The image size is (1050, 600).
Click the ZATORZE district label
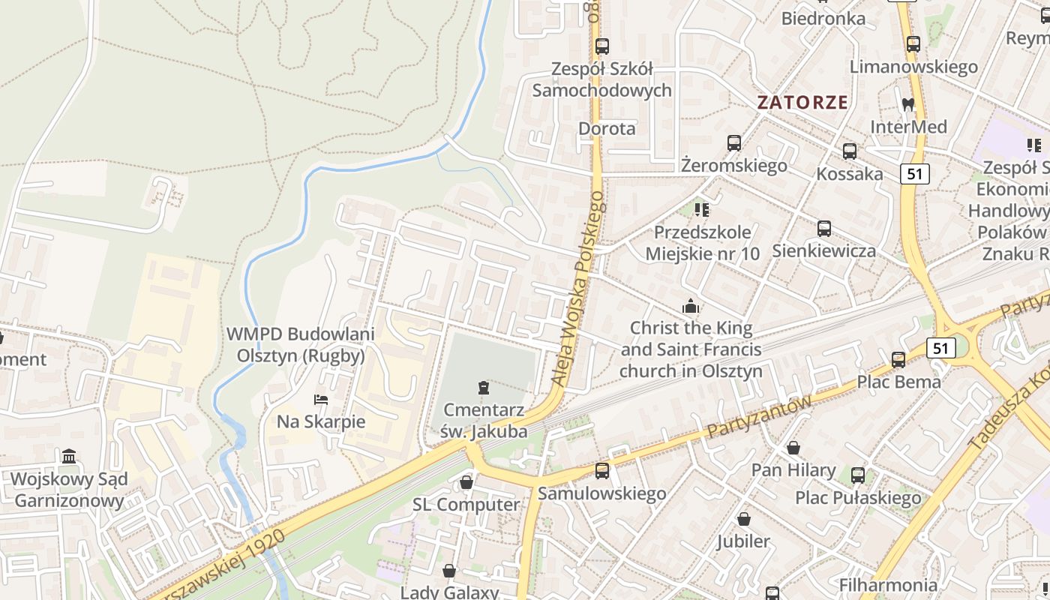802,102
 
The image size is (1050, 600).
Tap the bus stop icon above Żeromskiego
733,143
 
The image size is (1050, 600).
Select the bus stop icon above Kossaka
849,151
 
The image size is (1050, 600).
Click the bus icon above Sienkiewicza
823,229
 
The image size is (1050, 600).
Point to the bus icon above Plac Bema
898,360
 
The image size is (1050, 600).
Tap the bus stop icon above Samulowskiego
601,471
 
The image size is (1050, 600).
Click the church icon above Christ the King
690,306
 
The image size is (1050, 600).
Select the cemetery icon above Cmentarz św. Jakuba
484,388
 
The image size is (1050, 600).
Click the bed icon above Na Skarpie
321,400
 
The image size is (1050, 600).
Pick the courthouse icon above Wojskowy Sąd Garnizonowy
70,456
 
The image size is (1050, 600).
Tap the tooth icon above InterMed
907,105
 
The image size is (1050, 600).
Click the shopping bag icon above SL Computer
466,482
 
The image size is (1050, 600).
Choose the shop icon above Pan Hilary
793,448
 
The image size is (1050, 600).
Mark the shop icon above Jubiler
743,519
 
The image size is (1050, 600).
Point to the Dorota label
607,128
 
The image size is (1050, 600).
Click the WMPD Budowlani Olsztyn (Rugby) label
301,345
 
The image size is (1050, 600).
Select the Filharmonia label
888,584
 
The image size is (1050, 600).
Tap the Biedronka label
823,18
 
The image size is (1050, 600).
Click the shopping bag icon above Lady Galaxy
448,571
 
